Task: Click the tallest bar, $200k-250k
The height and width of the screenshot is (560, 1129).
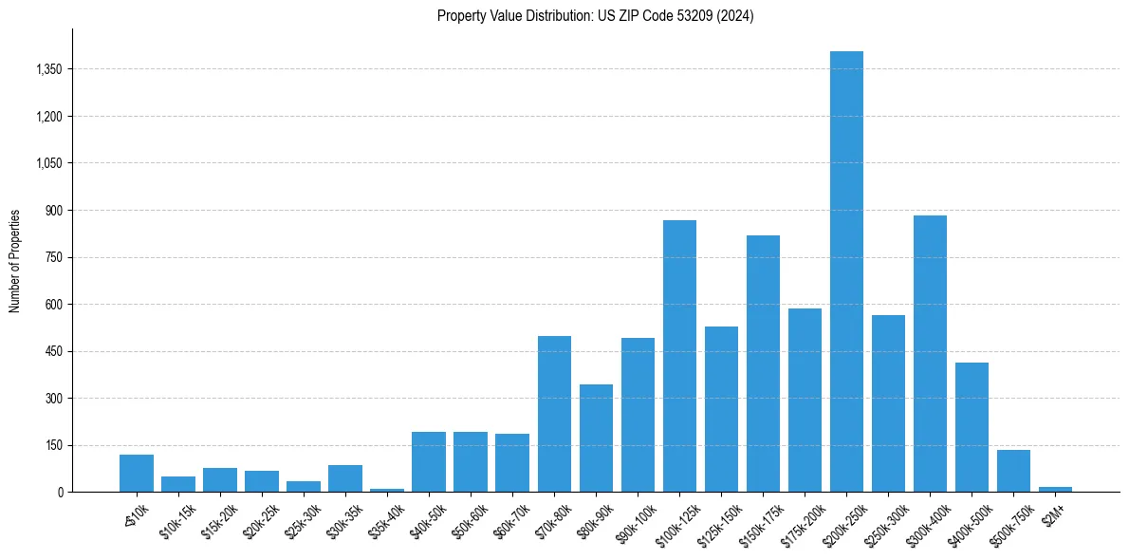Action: click(x=846, y=271)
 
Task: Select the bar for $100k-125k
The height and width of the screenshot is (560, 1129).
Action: click(x=679, y=356)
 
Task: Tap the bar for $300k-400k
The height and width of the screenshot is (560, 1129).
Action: click(x=930, y=353)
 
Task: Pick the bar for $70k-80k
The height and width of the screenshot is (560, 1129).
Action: click(x=554, y=414)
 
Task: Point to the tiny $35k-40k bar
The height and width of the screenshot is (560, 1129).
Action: click(x=387, y=490)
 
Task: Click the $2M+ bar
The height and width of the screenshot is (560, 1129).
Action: click(x=1055, y=489)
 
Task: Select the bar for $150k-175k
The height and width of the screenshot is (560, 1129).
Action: click(x=763, y=364)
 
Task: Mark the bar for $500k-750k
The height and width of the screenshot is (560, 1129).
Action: click(x=1013, y=471)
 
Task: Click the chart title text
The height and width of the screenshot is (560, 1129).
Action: click(x=595, y=16)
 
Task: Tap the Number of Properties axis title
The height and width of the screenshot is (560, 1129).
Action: click(x=15, y=261)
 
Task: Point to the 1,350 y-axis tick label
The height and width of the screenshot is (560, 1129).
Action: click(x=47, y=69)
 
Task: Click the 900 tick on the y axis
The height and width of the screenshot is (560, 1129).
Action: click(x=53, y=210)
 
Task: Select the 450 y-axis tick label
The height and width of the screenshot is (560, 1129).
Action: click(x=53, y=351)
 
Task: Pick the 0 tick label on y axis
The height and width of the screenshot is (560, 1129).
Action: click(x=59, y=492)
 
